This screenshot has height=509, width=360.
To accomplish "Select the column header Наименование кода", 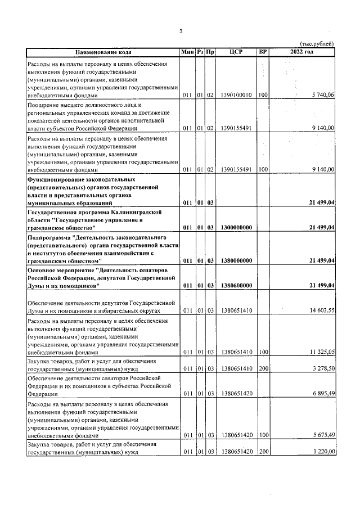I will point(103,52).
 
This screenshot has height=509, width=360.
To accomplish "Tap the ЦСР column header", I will point(236,52).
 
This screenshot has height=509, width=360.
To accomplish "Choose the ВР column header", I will point(262,52).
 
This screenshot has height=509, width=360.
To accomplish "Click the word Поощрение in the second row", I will point(44,105).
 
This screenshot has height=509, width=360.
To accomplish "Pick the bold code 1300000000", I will point(236,227).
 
